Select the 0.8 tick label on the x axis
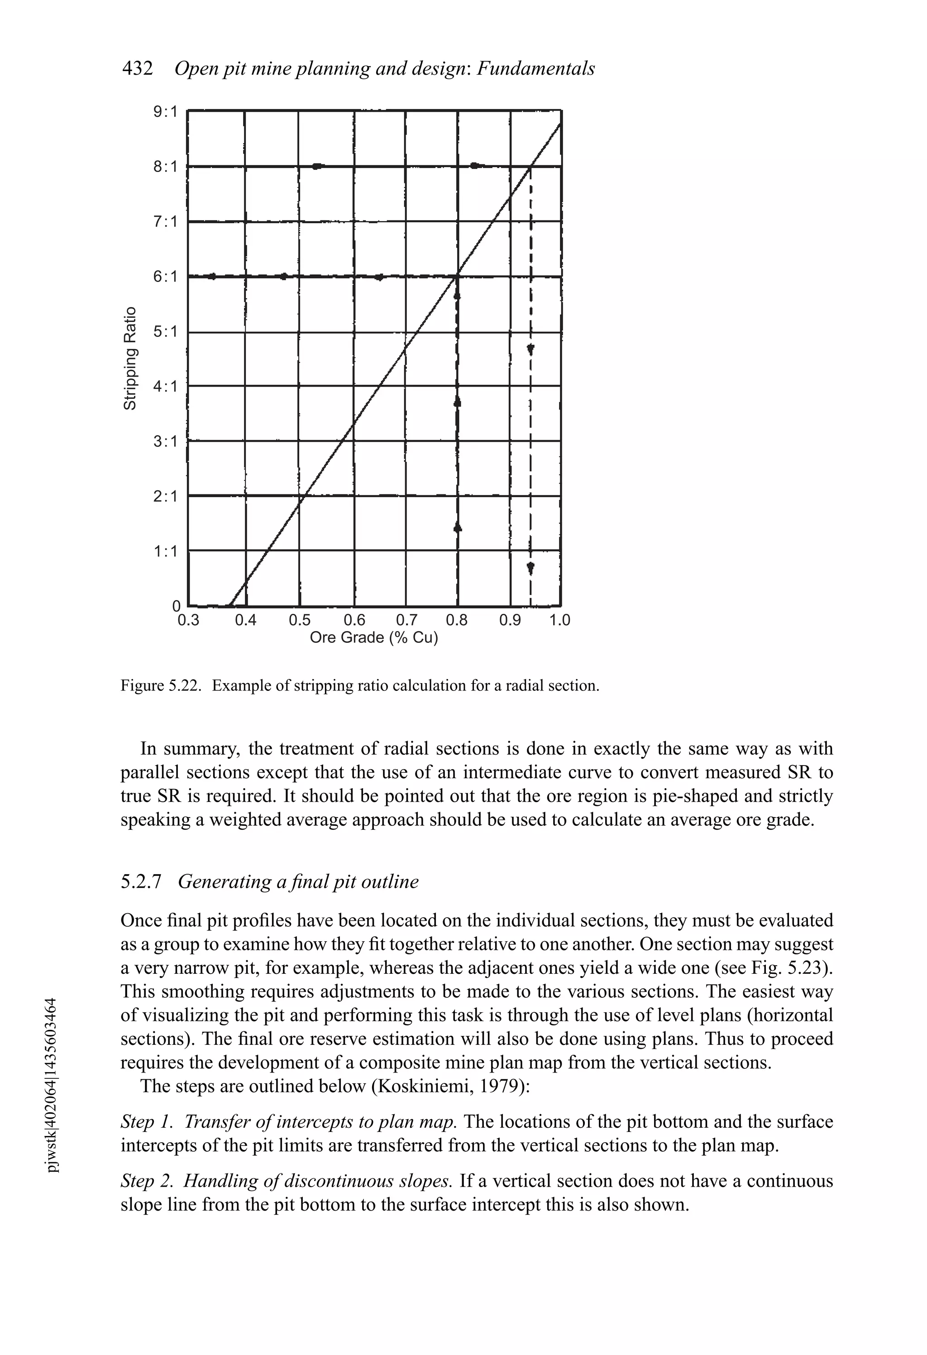point(457,620)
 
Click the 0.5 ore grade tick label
point(300,620)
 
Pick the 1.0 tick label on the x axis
point(560,620)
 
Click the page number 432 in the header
point(138,69)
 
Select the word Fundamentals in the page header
point(536,69)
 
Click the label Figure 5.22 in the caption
point(160,686)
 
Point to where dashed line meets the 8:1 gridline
point(530,167)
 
